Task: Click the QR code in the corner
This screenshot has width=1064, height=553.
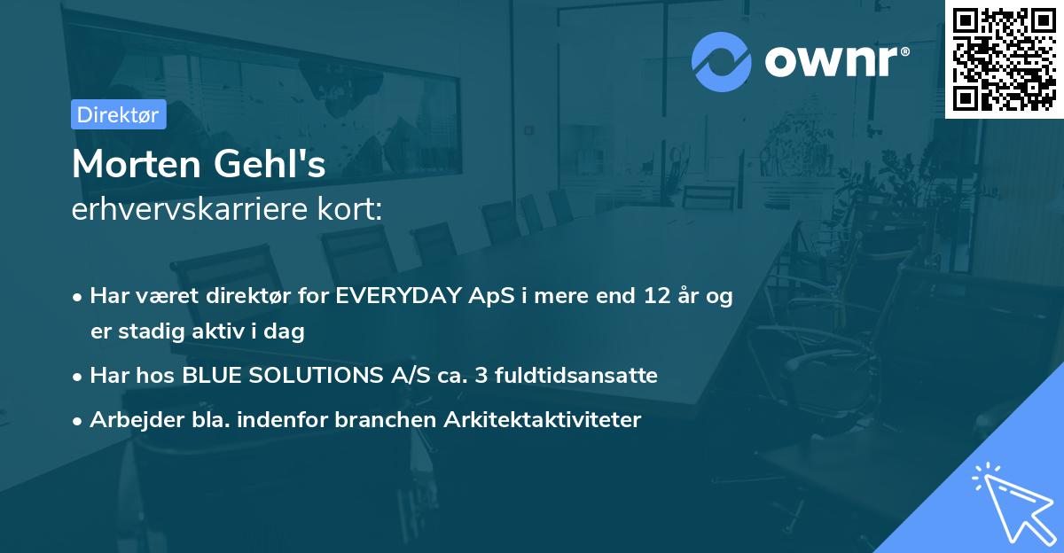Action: [1004, 58]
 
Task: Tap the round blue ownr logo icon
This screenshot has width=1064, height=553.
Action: [722, 61]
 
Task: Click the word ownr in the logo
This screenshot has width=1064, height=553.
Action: [835, 62]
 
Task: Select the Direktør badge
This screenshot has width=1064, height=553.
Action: [118, 114]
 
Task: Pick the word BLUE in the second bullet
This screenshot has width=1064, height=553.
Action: [209, 376]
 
